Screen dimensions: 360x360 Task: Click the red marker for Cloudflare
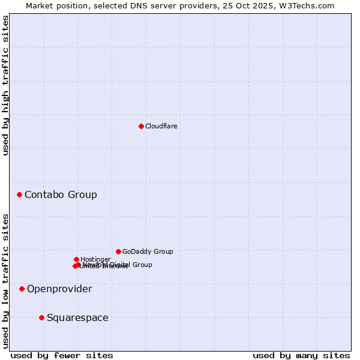[x=141, y=126]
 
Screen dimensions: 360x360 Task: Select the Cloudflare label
[x=161, y=126]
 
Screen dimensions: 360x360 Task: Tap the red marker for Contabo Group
[x=20, y=194]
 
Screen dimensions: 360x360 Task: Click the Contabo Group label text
[x=61, y=194]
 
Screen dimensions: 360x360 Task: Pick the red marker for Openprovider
[x=22, y=289]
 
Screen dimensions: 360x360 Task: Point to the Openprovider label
[x=59, y=289]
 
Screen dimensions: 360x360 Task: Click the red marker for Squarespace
[x=41, y=317]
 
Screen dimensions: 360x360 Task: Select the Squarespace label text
[x=77, y=317]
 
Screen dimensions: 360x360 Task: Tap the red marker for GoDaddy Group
[x=118, y=251]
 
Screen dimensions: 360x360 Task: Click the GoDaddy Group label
[x=148, y=251]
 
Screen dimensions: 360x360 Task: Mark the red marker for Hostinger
[x=76, y=259]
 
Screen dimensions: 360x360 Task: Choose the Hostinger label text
[x=95, y=259]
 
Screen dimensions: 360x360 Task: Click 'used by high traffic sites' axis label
[x=5, y=85]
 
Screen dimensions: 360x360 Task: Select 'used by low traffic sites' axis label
[x=5, y=281]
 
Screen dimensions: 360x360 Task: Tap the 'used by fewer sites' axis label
[x=62, y=355]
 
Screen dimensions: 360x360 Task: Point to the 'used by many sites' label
[x=301, y=355]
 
